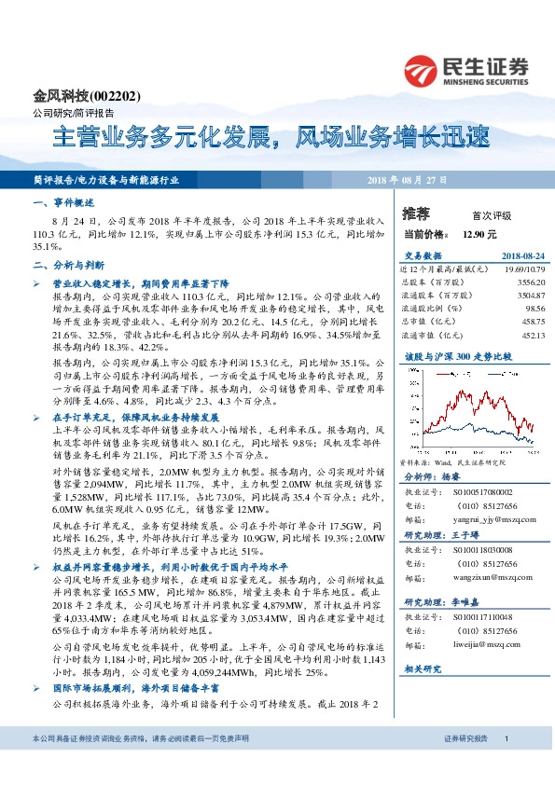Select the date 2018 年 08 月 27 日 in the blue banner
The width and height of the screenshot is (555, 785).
(408, 180)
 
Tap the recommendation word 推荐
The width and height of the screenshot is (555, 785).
(415, 214)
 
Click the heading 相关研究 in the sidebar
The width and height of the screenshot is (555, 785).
(423, 669)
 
